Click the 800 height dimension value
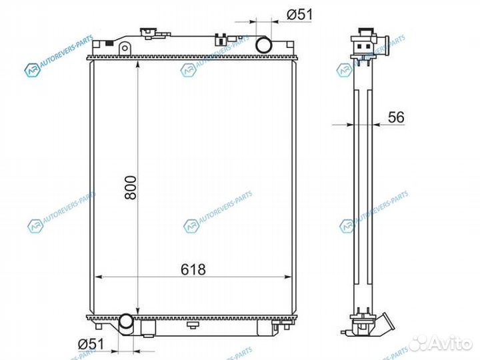tap(131, 187)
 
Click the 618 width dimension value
tap(193, 269)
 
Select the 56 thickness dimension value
tap(396, 117)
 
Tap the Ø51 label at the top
tap(300, 15)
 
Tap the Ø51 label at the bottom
tap(91, 344)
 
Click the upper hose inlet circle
tap(263, 45)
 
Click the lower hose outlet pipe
tap(126, 325)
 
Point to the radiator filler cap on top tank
tap(149, 33)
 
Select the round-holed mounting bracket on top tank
tap(124, 49)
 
